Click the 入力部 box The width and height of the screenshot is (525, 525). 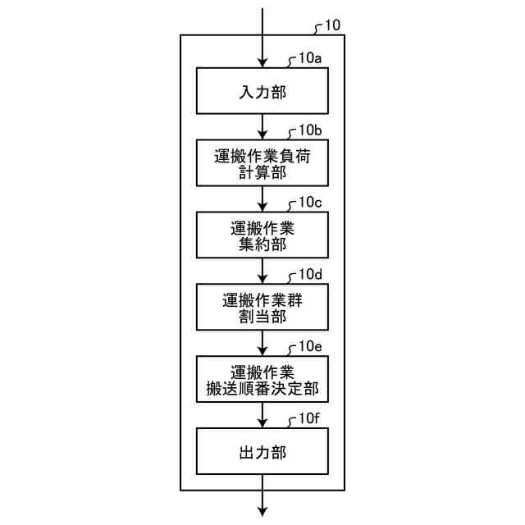coord(262,90)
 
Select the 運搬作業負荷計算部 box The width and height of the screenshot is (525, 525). coord(262,162)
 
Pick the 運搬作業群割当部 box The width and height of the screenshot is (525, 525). coord(262,306)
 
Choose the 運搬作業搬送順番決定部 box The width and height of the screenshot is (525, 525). coord(262,378)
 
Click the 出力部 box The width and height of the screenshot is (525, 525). coord(262,450)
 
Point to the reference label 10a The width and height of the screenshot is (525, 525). coord(310,58)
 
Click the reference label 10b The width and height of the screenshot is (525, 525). coord(310,130)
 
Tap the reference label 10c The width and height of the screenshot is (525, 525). coord(310,202)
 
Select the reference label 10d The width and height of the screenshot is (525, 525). coord(310,274)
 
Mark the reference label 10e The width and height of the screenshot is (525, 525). coord(310,346)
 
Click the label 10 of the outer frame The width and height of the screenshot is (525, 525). coord(332,25)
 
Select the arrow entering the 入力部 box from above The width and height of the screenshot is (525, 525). coord(262,41)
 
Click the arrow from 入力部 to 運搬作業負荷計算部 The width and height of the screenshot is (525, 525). coord(262,126)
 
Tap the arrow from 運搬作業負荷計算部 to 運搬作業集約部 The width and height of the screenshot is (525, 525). coord(262,199)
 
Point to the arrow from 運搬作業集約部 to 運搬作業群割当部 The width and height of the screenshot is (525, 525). coord(262,271)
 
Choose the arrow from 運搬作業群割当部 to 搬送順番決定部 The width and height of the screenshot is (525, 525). coord(262,343)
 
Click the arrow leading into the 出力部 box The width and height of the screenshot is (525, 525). coord(262,415)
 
